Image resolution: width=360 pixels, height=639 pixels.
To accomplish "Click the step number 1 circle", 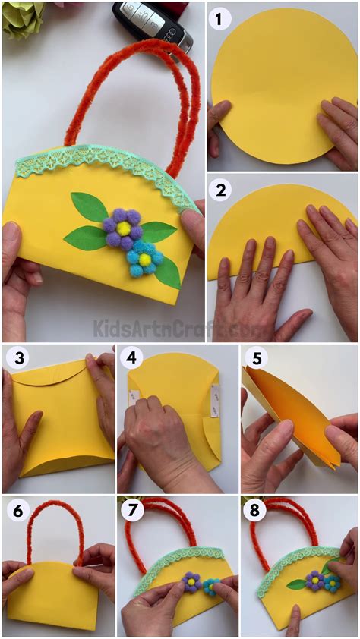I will [x=221, y=18].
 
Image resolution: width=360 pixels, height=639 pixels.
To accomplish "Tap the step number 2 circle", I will [x=221, y=189].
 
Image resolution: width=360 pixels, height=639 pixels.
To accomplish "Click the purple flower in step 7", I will [x=191, y=581].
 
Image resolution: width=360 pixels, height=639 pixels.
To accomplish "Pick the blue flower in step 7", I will [x=209, y=584].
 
